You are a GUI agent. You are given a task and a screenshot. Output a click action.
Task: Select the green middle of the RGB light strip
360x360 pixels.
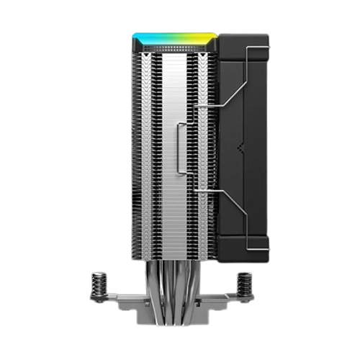[x=173, y=34]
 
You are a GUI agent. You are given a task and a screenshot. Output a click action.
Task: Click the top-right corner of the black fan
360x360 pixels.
[x=266, y=37]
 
